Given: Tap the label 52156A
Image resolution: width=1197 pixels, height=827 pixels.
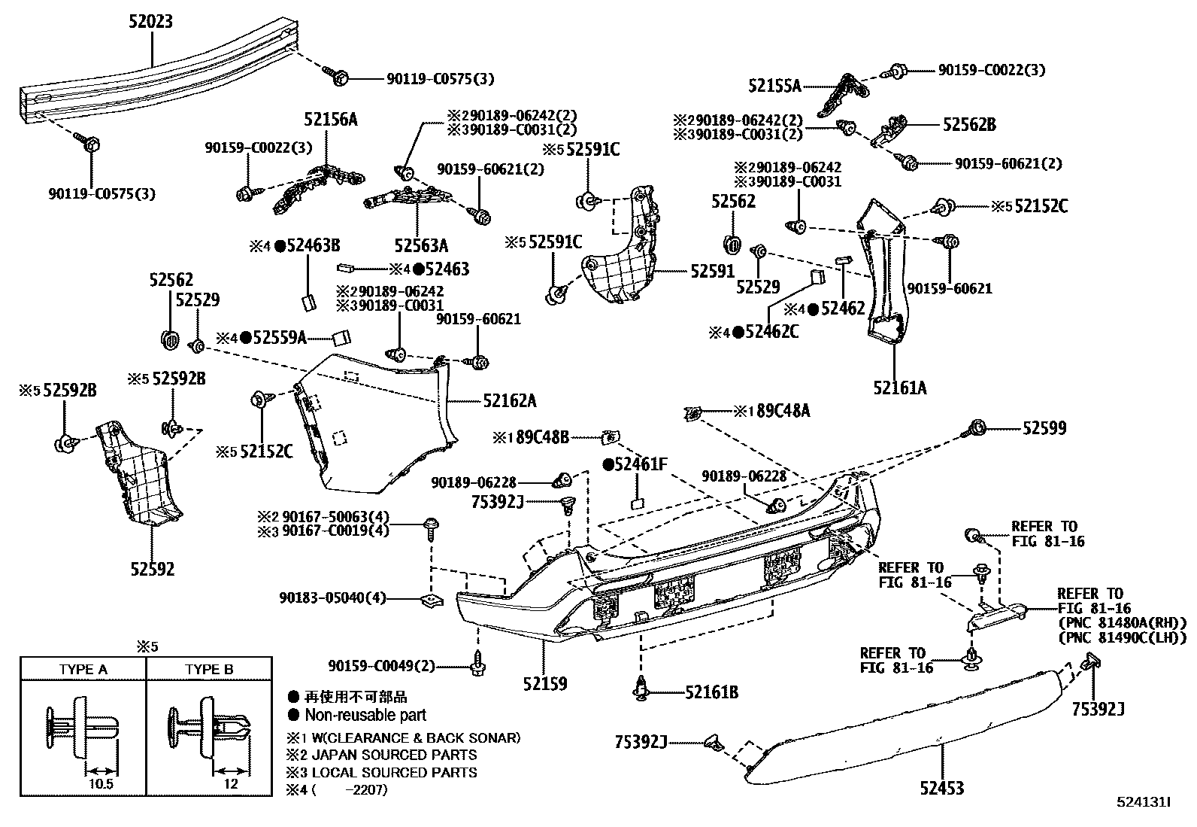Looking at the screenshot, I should pyautogui.click(x=330, y=119).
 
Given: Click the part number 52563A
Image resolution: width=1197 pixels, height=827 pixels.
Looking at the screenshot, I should pyautogui.click(x=420, y=245).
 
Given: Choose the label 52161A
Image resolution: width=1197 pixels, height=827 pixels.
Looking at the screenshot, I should pyautogui.click(x=899, y=388).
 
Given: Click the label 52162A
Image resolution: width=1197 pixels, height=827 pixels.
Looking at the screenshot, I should pyautogui.click(x=509, y=401).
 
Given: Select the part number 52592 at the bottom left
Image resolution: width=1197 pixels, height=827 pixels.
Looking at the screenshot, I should pyautogui.click(x=151, y=569).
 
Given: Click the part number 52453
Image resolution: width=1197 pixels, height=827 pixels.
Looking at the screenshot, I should pyautogui.click(x=941, y=788).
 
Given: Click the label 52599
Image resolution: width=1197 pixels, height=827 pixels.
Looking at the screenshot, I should pyautogui.click(x=1044, y=428).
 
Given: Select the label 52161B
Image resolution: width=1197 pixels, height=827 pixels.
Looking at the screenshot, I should pyautogui.click(x=711, y=692).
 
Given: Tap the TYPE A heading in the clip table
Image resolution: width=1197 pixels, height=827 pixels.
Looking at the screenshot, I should pyautogui.click(x=83, y=669).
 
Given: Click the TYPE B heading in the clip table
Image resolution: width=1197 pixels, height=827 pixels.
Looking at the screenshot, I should pyautogui.click(x=209, y=669).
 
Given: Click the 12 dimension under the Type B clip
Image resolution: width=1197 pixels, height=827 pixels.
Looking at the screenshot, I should pyautogui.click(x=230, y=783).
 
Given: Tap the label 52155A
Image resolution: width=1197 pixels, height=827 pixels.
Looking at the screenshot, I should pyautogui.click(x=774, y=87).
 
